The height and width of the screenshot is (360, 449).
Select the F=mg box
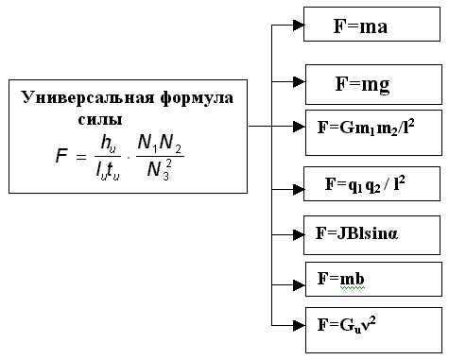point(373,83)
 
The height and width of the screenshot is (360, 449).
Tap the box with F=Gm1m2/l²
point(373,133)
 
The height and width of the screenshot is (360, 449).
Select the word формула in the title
point(189,97)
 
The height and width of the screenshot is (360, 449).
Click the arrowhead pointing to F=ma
point(297,26)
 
